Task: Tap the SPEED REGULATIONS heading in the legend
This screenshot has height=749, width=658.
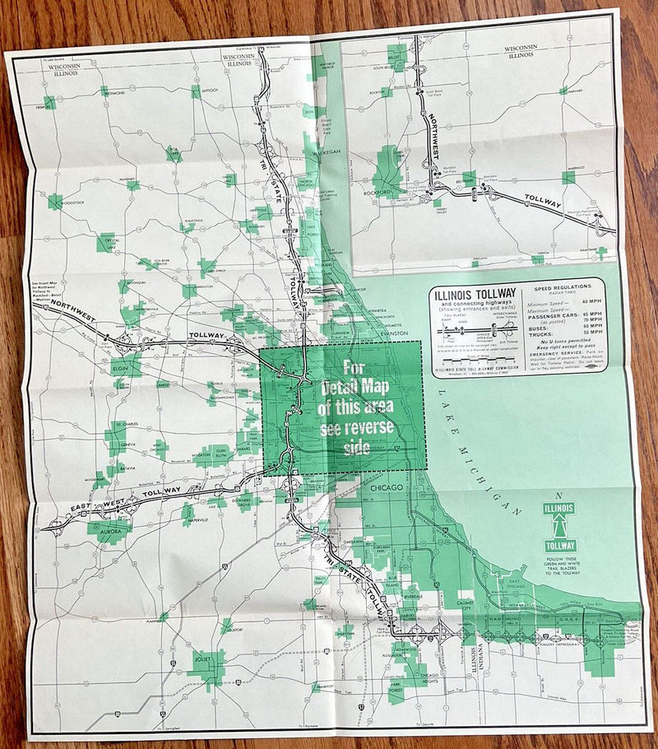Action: (567, 288)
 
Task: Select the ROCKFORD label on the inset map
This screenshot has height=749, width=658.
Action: (375, 193)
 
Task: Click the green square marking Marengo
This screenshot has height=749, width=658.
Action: (568, 177)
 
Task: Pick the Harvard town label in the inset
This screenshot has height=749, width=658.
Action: (575, 91)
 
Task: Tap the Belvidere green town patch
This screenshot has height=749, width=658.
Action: (468, 179)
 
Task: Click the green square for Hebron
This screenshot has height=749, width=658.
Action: (50, 102)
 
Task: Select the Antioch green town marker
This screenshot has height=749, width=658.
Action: (196, 92)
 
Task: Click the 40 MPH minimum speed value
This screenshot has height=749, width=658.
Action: (592, 302)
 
